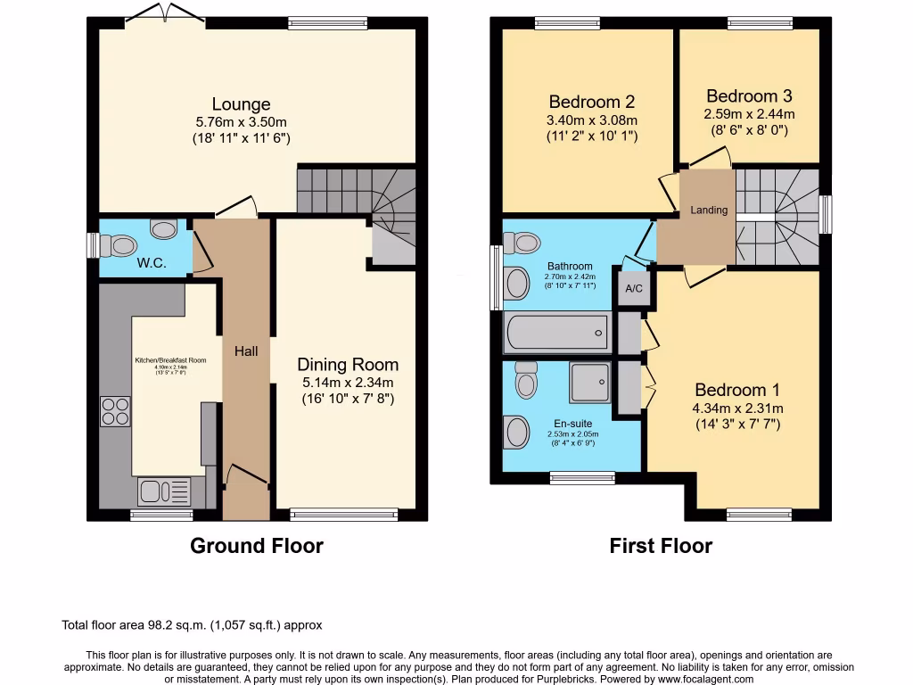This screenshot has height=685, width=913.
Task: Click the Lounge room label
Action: (241, 104)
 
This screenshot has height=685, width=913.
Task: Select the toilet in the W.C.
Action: (116, 244)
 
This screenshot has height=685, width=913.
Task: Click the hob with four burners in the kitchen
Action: (116, 411)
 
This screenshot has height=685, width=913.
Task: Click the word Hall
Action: (246, 351)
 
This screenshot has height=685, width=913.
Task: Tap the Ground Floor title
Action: (257, 546)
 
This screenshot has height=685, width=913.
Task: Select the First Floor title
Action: (661, 546)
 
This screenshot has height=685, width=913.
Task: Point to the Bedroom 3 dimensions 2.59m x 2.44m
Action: (749, 114)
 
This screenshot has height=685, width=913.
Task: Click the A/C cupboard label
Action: (634, 289)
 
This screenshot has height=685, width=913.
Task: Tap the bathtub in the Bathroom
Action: (557, 334)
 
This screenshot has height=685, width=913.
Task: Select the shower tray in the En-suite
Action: (589, 384)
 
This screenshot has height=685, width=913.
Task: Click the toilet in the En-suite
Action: (526, 381)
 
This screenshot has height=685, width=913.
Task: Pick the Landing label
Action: (709, 210)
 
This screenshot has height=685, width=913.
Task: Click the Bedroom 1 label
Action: (737, 390)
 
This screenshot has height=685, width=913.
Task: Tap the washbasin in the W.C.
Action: (164, 229)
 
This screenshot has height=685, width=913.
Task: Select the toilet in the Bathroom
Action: (523, 242)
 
